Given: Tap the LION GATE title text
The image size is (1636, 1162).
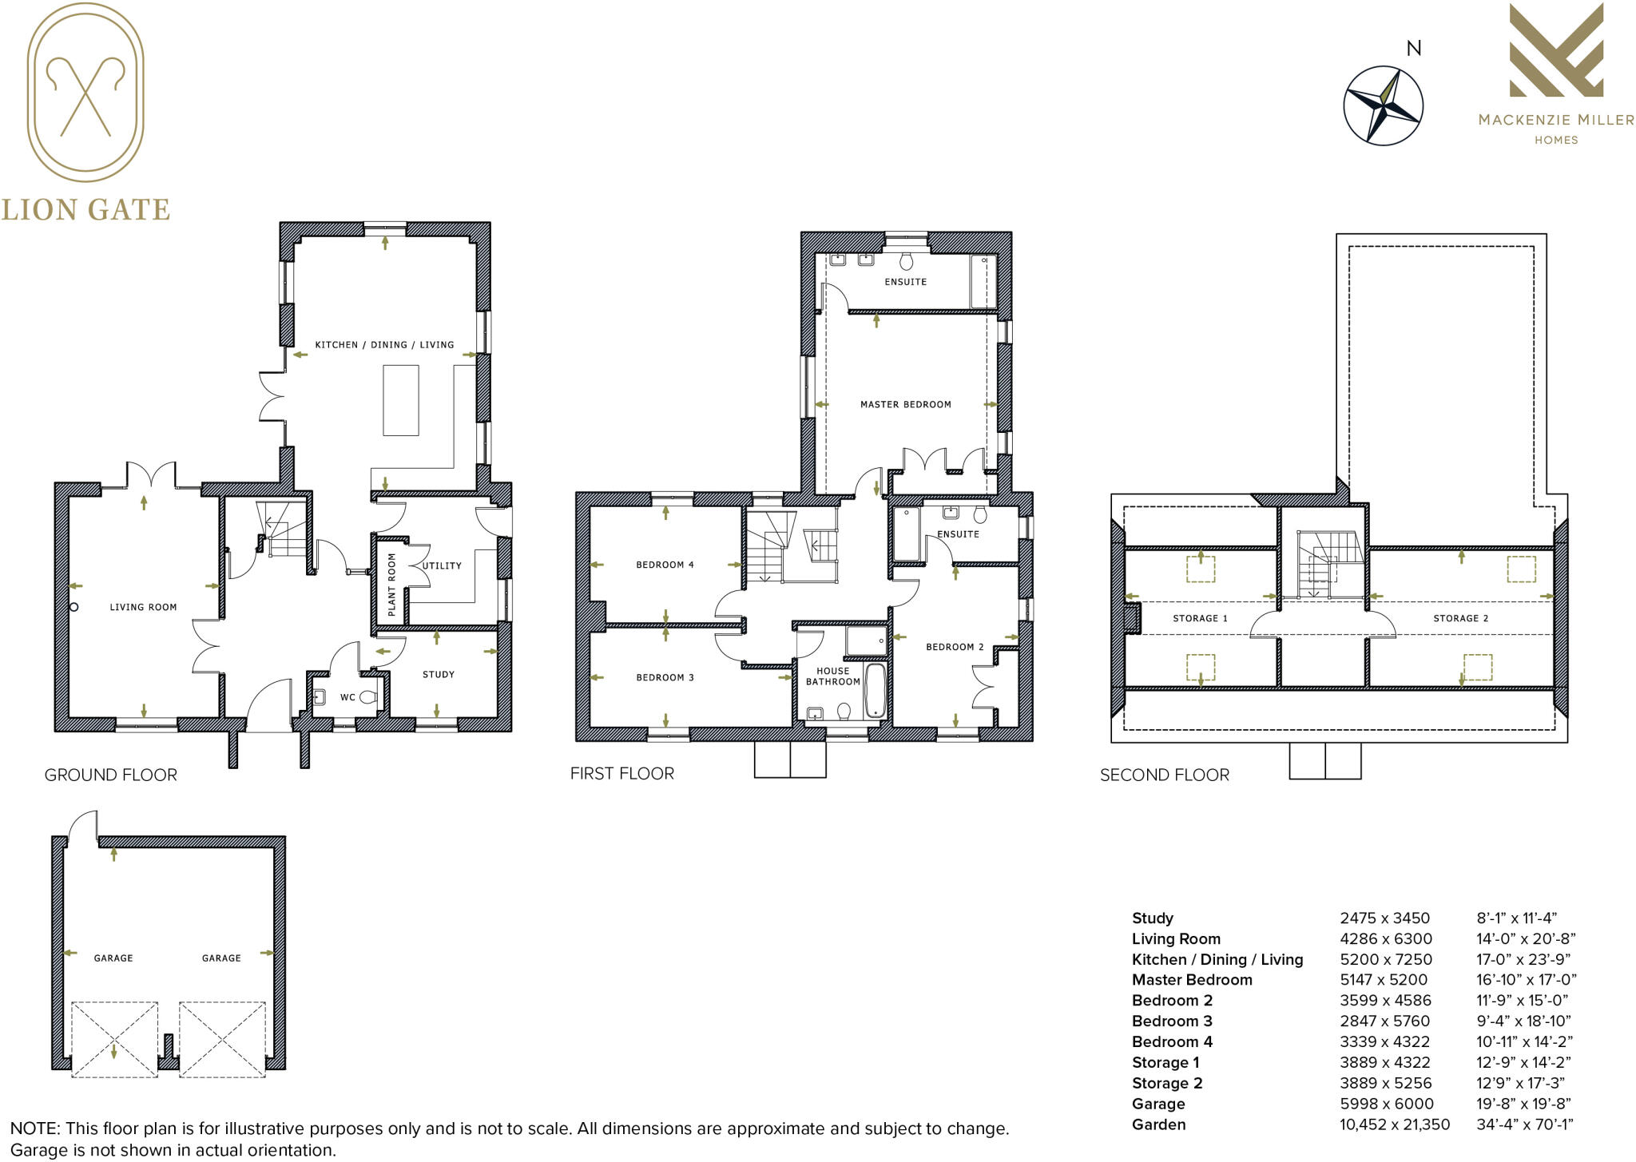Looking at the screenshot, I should click(85, 210).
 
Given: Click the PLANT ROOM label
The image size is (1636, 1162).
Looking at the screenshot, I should click(391, 584).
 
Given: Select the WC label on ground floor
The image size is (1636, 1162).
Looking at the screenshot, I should click(347, 697).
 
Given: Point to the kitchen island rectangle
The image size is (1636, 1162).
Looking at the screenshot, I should click(401, 399).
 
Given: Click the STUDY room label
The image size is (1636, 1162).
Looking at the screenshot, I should click(438, 674).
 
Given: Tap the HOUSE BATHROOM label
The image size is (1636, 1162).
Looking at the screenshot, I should click(832, 676).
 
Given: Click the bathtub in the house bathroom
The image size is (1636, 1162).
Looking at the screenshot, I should click(875, 690).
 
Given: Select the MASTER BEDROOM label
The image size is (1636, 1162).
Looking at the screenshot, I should click(905, 404).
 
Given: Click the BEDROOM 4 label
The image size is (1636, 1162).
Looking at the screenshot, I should click(665, 565).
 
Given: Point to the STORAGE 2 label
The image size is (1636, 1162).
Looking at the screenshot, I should click(1460, 618).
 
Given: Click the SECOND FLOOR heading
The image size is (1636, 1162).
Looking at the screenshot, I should click(1164, 775).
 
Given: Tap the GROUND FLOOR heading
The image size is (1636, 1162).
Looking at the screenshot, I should click(110, 775).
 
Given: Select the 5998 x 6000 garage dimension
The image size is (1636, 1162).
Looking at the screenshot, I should click(1386, 1104).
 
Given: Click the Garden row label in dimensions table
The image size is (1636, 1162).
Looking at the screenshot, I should click(1158, 1124).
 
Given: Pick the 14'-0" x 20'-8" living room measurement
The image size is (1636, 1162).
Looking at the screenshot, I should click(1525, 939).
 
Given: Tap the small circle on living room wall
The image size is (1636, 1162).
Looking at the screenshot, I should click(73, 607).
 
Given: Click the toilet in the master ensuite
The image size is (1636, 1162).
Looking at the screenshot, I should click(906, 261).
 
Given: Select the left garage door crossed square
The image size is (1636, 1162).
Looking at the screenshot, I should click(114, 1039).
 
